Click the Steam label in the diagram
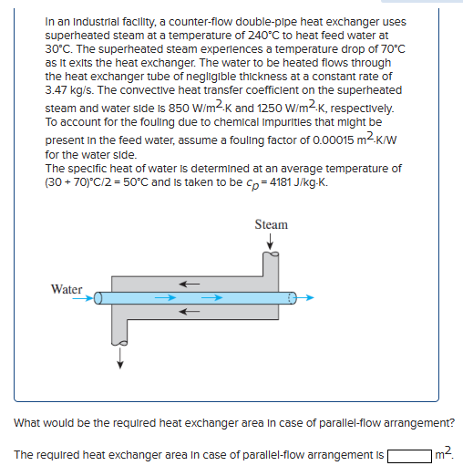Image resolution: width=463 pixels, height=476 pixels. click(x=272, y=224)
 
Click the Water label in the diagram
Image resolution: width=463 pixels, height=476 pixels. click(x=67, y=289)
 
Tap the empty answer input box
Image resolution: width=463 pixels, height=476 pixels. click(x=409, y=453)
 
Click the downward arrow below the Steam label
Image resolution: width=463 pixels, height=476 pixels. click(x=272, y=242)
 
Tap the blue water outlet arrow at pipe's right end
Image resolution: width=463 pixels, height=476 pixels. click(x=308, y=297)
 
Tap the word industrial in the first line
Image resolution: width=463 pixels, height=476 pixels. click(x=86, y=21)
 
